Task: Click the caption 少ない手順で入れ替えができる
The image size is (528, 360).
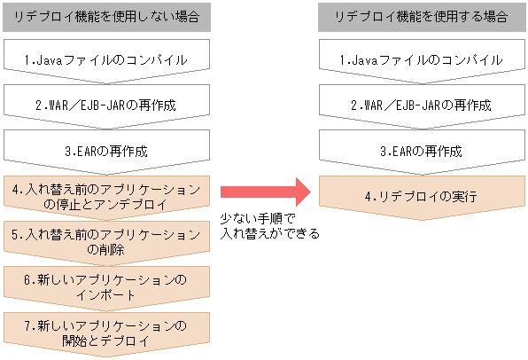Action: click(x=268, y=227)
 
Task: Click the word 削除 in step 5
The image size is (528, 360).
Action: click(x=113, y=250)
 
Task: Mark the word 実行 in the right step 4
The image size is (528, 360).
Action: click(x=465, y=196)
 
